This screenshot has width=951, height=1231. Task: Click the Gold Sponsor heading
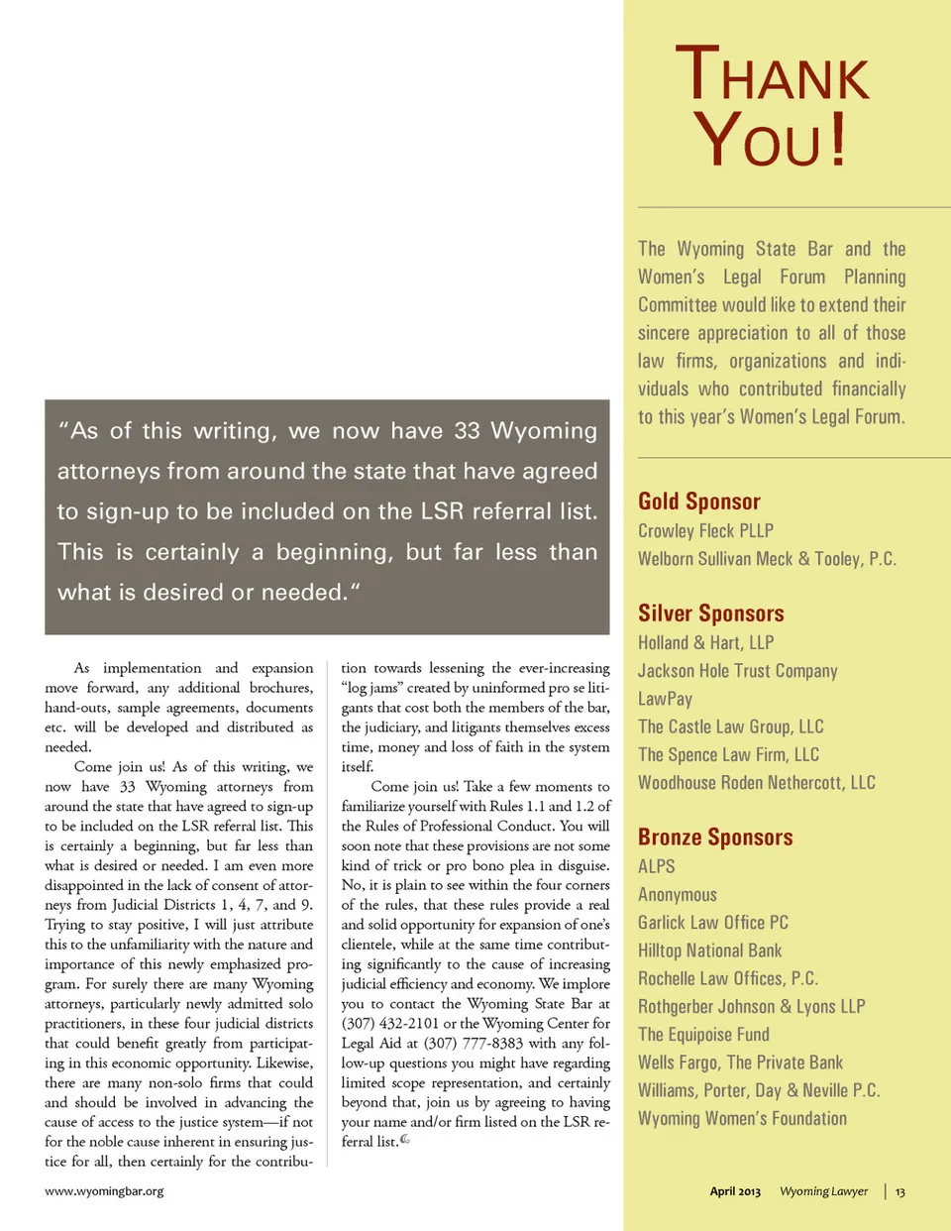pyautogui.click(x=699, y=502)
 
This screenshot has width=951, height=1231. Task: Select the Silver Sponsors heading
pyautogui.click(x=710, y=614)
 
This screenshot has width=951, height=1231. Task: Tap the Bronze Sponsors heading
pyautogui.click(x=715, y=838)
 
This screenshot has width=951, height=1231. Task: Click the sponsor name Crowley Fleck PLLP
pyautogui.click(x=705, y=531)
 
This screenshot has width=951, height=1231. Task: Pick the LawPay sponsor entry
pyautogui.click(x=665, y=699)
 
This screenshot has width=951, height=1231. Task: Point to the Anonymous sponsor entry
pyautogui.click(x=678, y=895)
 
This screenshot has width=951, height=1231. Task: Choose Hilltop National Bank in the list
pyautogui.click(x=709, y=951)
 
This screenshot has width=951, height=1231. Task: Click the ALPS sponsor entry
pyautogui.click(x=657, y=866)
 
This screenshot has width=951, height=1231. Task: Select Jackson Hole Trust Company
pyautogui.click(x=737, y=671)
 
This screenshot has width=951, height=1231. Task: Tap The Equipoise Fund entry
pyautogui.click(x=703, y=1035)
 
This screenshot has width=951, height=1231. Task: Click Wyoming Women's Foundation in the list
pyautogui.click(x=742, y=1119)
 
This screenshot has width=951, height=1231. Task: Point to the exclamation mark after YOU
pyautogui.click(x=838, y=139)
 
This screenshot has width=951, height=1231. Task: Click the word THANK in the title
pyautogui.click(x=773, y=75)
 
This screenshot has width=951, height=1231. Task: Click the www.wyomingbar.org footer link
pyautogui.click(x=104, y=1191)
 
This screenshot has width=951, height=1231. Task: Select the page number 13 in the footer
pyautogui.click(x=899, y=1191)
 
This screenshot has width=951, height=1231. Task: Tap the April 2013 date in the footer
pyautogui.click(x=735, y=1191)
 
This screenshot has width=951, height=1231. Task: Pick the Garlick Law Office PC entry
pyautogui.click(x=713, y=923)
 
